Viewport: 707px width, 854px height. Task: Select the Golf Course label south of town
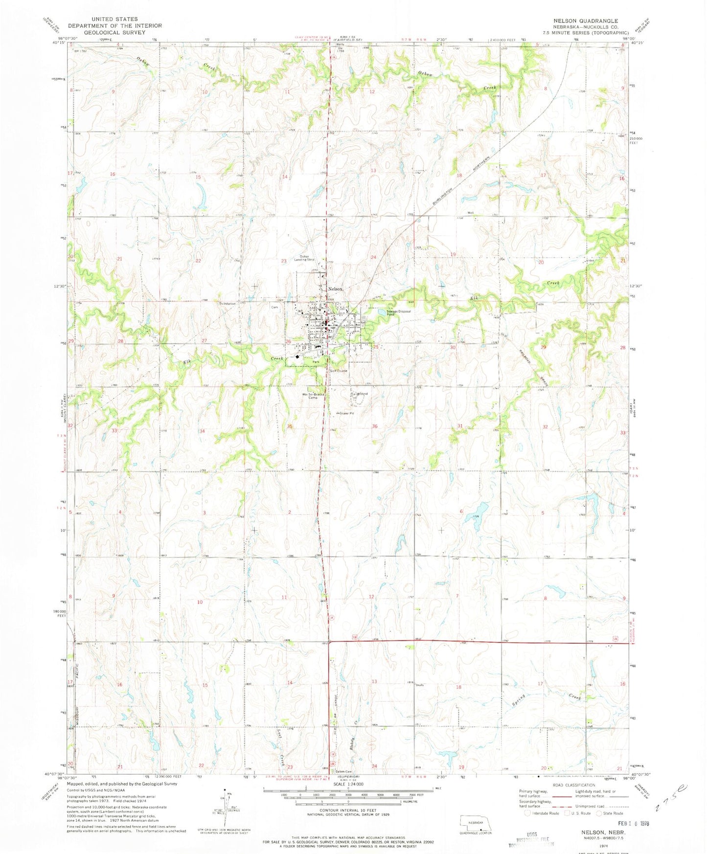[338, 371]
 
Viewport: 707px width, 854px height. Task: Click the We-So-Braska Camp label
[310, 396]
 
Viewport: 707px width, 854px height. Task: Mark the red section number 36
[375, 426]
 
